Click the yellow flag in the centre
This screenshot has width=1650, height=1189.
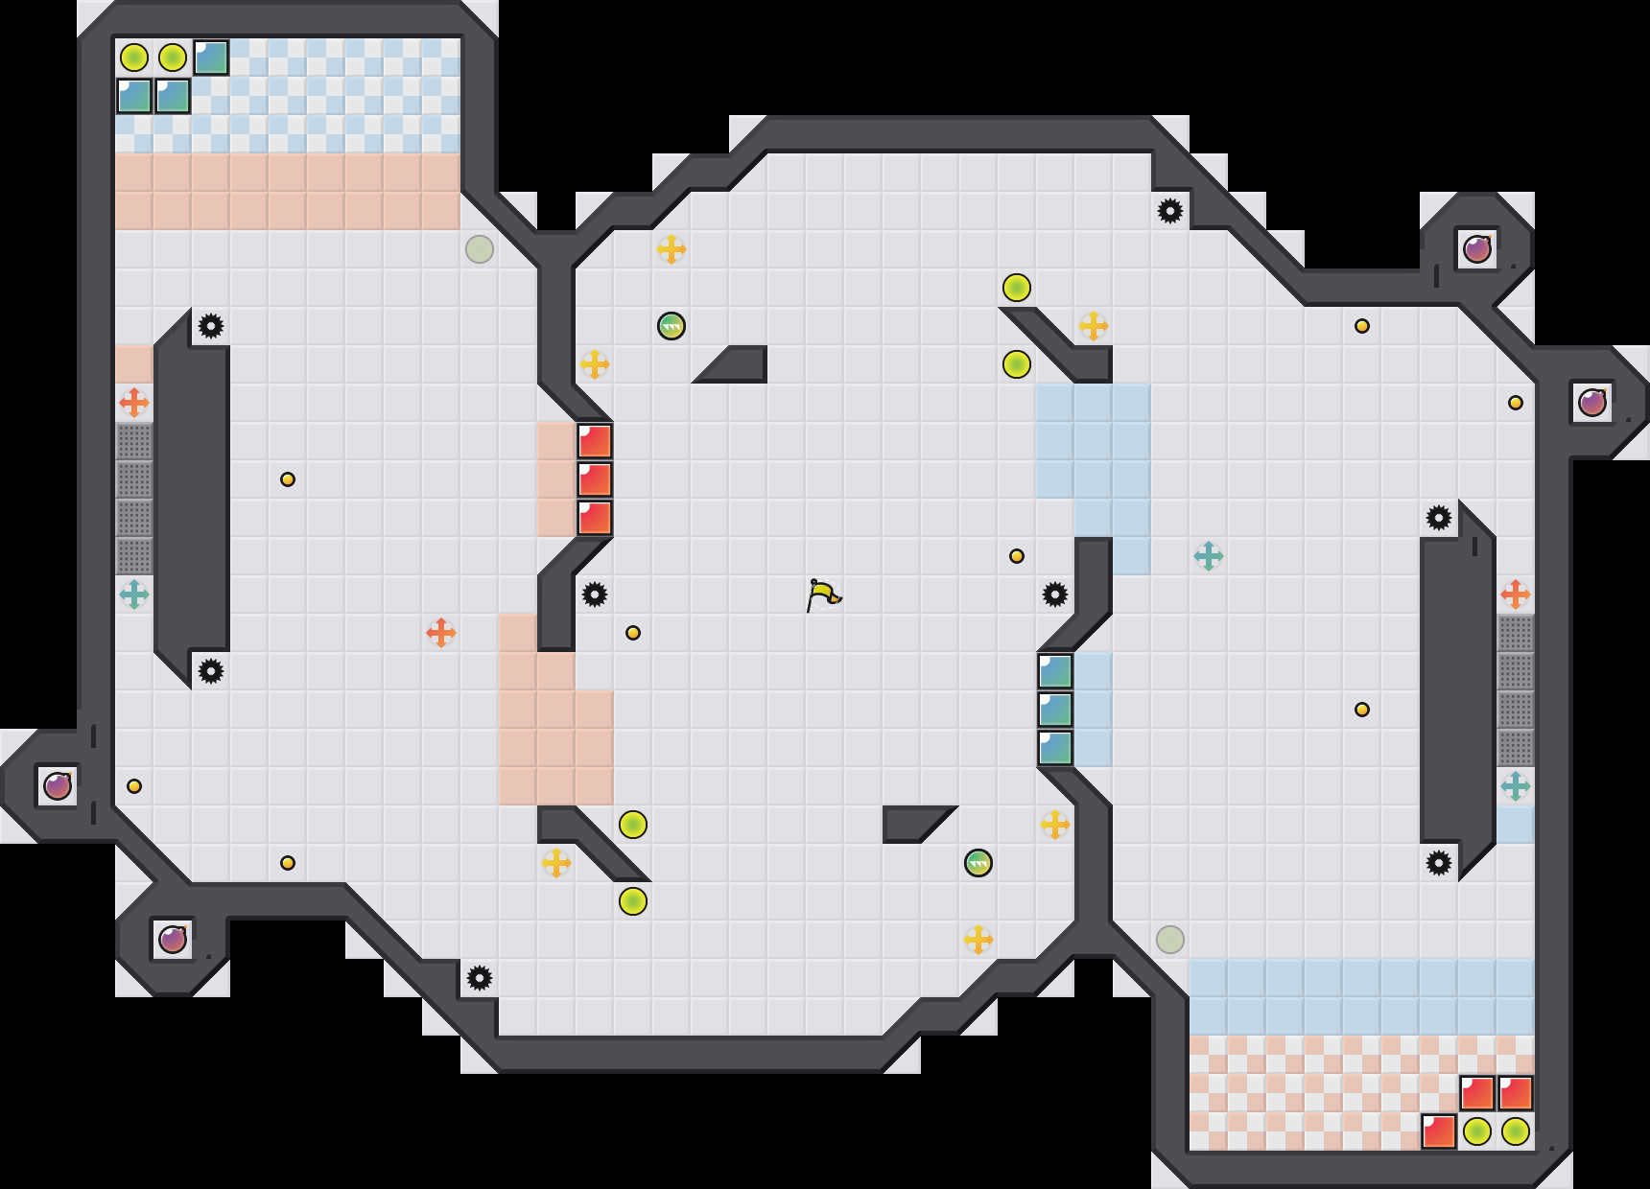tap(823, 594)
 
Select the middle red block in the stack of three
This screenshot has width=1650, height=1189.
tap(595, 479)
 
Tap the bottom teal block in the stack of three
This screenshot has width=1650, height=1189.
tap(1055, 748)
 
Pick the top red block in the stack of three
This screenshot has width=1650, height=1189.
tap(595, 441)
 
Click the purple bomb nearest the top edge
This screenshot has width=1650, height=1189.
tap(1477, 249)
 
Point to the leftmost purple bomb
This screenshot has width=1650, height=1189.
tap(58, 786)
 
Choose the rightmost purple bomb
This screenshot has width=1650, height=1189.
tap(1592, 403)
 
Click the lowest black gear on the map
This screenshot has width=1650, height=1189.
tap(480, 978)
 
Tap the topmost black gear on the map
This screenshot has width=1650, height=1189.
tap(1170, 211)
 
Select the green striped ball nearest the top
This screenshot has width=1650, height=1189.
tap(672, 326)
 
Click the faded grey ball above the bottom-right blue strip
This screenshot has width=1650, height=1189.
tap(1170, 940)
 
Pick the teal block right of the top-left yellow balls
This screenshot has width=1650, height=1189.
tap(211, 58)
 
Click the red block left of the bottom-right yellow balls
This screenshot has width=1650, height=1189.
tap(1439, 1131)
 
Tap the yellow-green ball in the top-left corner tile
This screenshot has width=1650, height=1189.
tap(134, 58)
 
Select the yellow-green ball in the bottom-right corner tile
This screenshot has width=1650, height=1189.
tap(1516, 1131)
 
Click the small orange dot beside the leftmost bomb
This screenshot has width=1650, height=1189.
tap(134, 786)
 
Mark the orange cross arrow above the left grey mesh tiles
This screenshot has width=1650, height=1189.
tap(134, 403)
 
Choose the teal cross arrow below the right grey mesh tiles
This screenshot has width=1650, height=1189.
tap(1516, 786)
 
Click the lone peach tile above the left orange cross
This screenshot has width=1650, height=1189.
tap(134, 364)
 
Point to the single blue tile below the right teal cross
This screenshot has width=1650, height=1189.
tap(1516, 825)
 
